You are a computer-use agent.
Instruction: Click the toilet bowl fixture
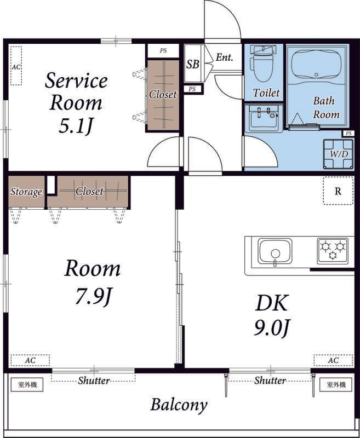pyautogui.click(x=262, y=64)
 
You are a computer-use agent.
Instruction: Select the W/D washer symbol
pyautogui.click(x=339, y=154)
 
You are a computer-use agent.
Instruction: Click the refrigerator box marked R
pyautogui.click(x=338, y=191)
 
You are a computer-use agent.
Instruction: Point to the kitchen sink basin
pyautogui.click(x=275, y=251)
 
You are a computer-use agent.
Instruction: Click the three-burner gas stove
pyautogui.click(x=333, y=251)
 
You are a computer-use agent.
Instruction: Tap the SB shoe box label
pyautogui.click(x=193, y=64)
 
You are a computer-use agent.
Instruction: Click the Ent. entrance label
pyautogui.click(x=224, y=57)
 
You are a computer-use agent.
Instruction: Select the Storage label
pyautogui.click(x=26, y=192)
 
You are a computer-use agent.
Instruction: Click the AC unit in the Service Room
pyautogui.click(x=16, y=66)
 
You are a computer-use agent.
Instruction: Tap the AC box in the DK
pyautogui.click(x=333, y=360)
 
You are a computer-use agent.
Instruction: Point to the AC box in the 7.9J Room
pyautogui.click(x=30, y=360)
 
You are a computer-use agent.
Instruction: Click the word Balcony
pyautogui.click(x=179, y=405)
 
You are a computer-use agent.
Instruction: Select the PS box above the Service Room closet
pyautogui.click(x=163, y=51)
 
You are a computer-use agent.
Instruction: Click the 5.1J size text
pyautogui.click(x=76, y=126)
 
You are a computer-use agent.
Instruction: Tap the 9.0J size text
pyautogui.click(x=271, y=328)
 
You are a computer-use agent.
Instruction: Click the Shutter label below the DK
pyautogui.click(x=270, y=380)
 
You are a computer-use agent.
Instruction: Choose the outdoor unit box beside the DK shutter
pyautogui.click(x=336, y=385)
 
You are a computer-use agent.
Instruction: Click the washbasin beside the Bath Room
pyautogui.click(x=264, y=118)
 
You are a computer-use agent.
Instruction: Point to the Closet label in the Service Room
pyautogui.click(x=163, y=94)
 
